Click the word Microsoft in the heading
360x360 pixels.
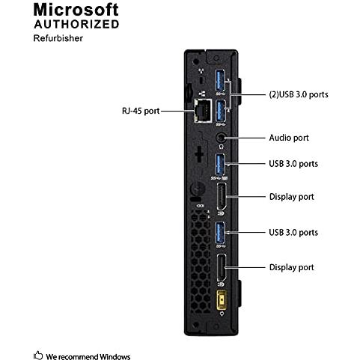click(x=76, y=10)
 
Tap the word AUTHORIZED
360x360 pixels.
click(x=76, y=24)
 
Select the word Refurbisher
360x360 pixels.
click(x=58, y=38)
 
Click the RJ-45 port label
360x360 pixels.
click(x=141, y=111)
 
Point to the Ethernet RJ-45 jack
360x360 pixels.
click(x=203, y=110)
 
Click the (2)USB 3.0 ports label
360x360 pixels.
click(x=299, y=94)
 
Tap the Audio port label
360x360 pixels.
click(x=289, y=138)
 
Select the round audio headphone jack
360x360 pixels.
click(x=221, y=138)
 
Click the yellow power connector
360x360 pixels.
click(x=221, y=300)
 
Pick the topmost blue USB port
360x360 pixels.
click(x=220, y=80)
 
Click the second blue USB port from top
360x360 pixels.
click(x=220, y=110)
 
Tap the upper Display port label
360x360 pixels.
click(x=291, y=197)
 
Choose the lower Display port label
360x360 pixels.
click(x=291, y=267)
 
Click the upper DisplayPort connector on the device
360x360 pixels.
click(x=222, y=197)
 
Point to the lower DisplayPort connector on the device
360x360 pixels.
click(x=222, y=268)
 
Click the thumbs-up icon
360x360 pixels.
click(x=38, y=355)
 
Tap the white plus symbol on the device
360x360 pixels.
click(x=199, y=154)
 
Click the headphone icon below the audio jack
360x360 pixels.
click(x=221, y=147)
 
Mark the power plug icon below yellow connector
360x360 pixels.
click(x=222, y=314)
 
